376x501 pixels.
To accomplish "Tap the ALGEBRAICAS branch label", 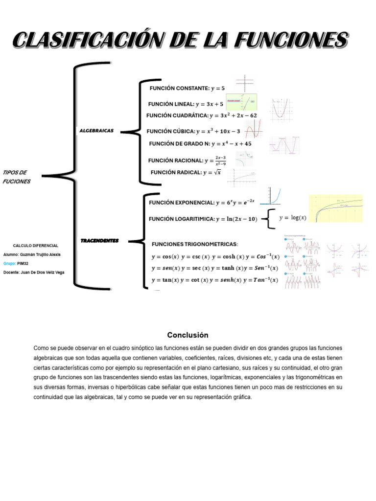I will coord(96,131).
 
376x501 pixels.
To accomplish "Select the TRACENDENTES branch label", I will coord(99,241).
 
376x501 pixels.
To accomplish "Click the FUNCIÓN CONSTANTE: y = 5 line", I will coord(188,89).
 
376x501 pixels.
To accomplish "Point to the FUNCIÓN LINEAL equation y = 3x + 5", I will coord(209,104).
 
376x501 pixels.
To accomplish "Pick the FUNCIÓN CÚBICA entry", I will coord(193,131).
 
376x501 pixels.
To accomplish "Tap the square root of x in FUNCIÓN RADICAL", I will coord(216,172).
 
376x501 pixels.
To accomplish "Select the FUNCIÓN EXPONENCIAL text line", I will coord(201,203).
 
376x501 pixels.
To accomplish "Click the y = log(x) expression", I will coord(292,218).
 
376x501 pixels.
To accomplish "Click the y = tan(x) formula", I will coord(165,280).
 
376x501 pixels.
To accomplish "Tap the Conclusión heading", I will coord(188,335).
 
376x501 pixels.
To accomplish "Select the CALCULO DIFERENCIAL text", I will coord(36,246).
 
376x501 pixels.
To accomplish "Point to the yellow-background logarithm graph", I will coord(335,208).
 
